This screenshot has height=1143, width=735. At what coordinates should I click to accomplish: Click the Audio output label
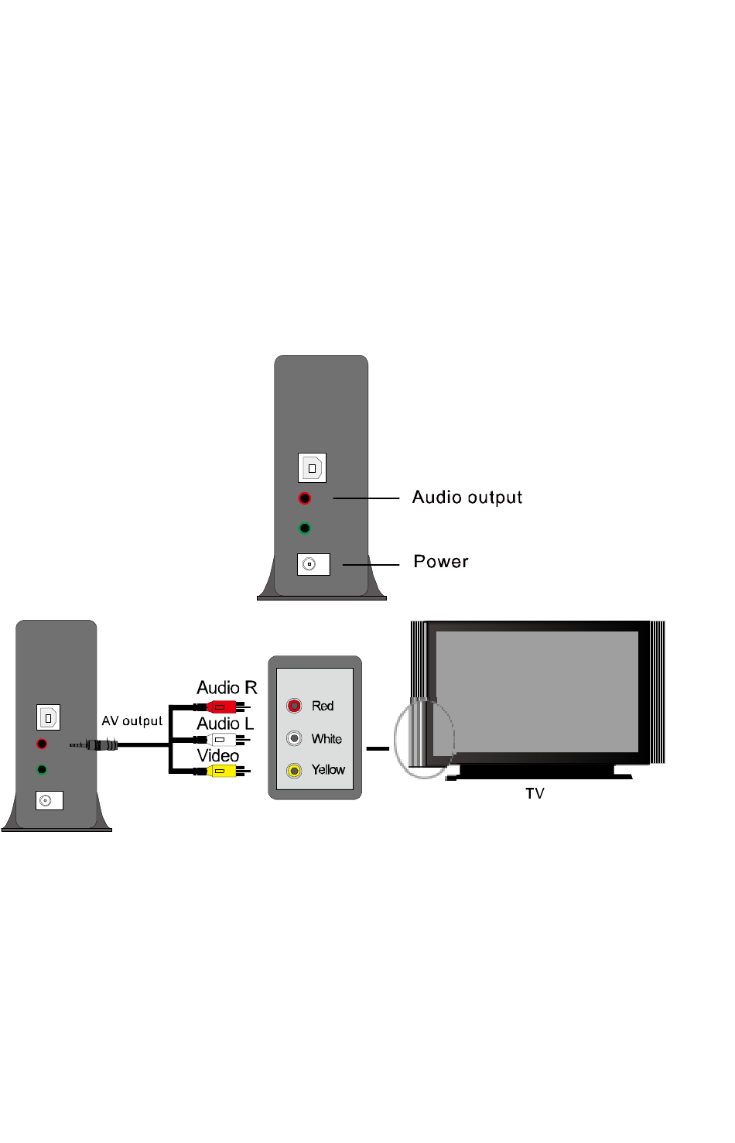pyautogui.click(x=467, y=498)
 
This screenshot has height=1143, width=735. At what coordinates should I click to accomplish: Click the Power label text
pyautogui.click(x=441, y=562)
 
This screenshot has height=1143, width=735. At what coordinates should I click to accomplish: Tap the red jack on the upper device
pyautogui.click(x=305, y=498)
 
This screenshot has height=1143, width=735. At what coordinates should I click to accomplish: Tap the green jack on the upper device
pyautogui.click(x=305, y=529)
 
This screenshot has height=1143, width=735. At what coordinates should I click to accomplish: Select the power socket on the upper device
pyautogui.click(x=313, y=564)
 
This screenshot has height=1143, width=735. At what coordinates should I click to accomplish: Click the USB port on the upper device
pyautogui.click(x=312, y=468)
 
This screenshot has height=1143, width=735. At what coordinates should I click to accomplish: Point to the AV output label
pyautogui.click(x=132, y=721)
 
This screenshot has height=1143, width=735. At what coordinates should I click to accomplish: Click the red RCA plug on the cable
pyautogui.click(x=221, y=707)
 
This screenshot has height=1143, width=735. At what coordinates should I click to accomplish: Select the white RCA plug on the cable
pyautogui.click(x=221, y=739)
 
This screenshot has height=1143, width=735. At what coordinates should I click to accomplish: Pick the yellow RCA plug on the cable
pyautogui.click(x=221, y=771)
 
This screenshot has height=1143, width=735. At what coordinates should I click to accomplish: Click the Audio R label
pyautogui.click(x=227, y=688)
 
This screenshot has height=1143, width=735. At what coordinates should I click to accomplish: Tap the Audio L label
pyautogui.click(x=225, y=724)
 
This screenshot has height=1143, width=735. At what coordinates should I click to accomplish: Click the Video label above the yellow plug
pyautogui.click(x=218, y=755)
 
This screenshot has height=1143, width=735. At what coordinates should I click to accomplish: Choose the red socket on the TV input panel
pyautogui.click(x=294, y=706)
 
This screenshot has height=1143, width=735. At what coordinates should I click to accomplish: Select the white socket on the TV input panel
pyautogui.click(x=294, y=738)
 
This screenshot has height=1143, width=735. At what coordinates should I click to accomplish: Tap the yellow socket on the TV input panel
pyautogui.click(x=294, y=771)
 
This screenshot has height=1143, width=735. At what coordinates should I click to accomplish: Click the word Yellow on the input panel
pyautogui.click(x=328, y=770)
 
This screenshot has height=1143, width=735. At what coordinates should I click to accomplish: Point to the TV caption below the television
pyautogui.click(x=535, y=793)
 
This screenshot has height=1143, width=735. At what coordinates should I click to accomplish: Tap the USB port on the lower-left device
pyautogui.click(x=49, y=717)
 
